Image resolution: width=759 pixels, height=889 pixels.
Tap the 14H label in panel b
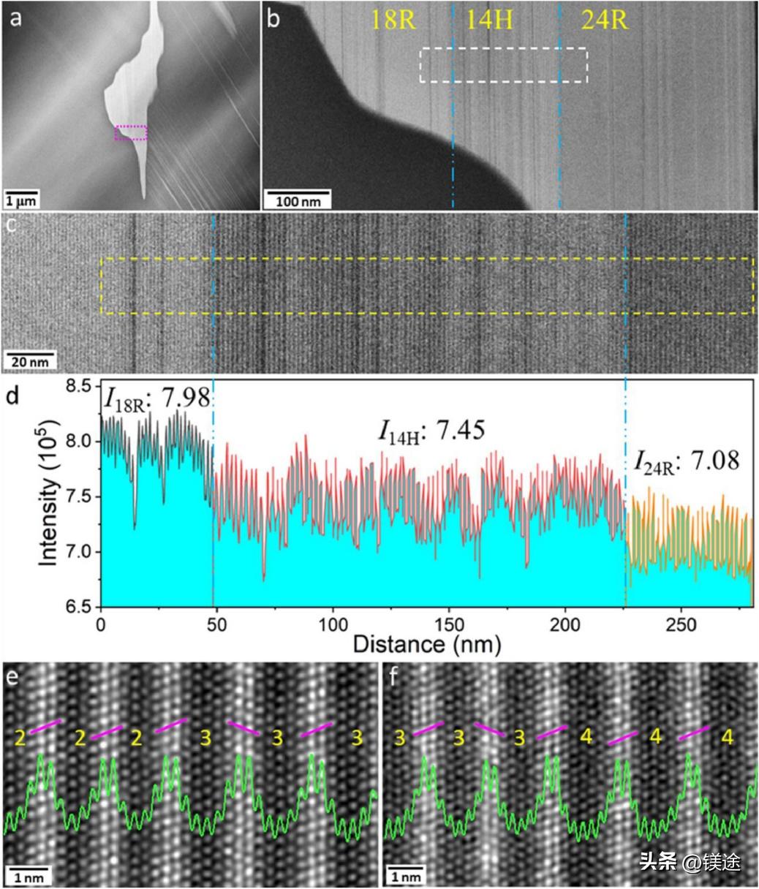click(x=489, y=20)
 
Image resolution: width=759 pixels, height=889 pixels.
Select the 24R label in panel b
click(x=605, y=20)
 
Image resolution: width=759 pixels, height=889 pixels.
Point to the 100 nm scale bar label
click(x=297, y=200)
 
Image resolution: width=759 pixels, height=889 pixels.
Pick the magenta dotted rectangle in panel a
click(x=132, y=132)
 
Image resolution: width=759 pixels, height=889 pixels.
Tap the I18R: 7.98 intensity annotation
click(x=157, y=399)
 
